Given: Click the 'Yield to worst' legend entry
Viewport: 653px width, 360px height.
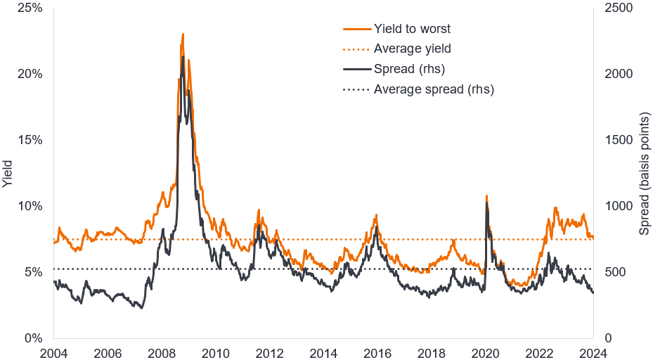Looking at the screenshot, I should tap(412, 29).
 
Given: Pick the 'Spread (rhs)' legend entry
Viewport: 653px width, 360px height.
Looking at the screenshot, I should tap(409, 69).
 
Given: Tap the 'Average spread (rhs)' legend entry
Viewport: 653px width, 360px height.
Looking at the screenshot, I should tap(434, 89).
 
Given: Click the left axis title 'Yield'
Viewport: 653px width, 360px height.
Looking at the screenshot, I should tap(8, 173).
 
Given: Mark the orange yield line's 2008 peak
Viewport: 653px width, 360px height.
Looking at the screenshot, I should tap(183, 34).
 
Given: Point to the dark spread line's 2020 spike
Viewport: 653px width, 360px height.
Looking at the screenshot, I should tap(486, 205).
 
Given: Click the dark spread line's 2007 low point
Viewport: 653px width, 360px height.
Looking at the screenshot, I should tap(141, 308).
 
